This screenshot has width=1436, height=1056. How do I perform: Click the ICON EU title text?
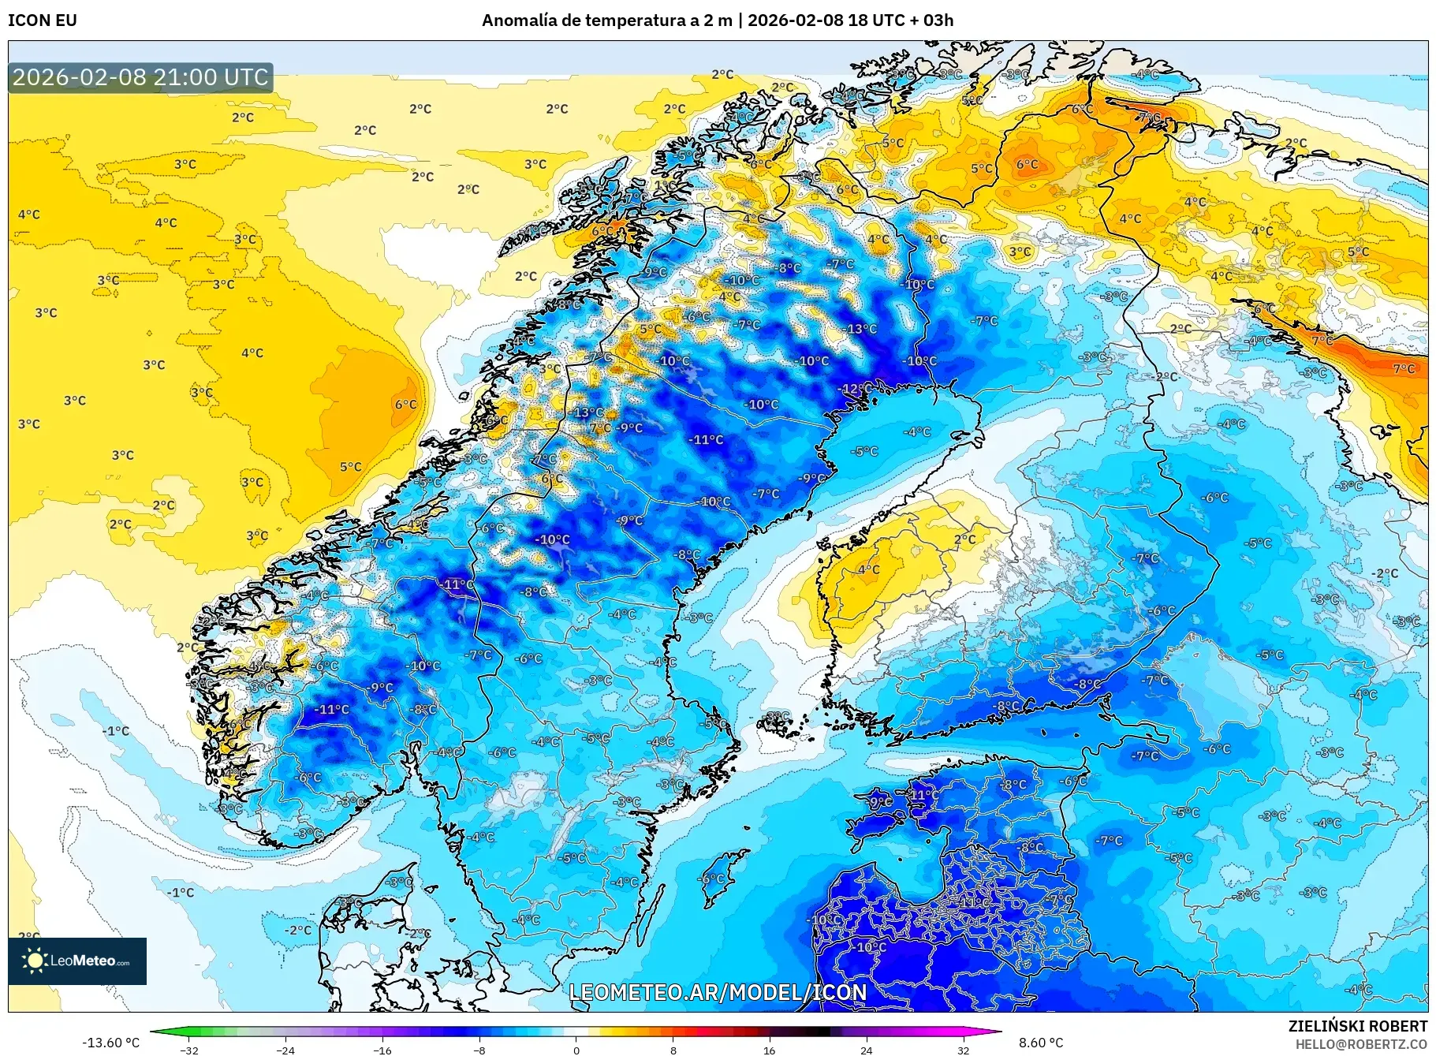pos(43,21)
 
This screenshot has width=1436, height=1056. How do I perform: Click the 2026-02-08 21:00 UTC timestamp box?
pos(140,77)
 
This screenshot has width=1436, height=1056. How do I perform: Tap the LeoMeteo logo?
pos(77,961)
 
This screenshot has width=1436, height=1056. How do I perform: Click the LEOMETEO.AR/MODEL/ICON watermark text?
pos(718,992)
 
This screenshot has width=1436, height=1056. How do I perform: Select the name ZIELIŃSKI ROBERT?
pos(1357,1026)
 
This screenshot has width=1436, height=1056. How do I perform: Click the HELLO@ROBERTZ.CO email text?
pos(1361,1044)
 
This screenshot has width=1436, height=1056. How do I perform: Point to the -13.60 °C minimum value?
pos(110,1043)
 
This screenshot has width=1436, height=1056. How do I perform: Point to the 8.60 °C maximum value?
pos(1041,1043)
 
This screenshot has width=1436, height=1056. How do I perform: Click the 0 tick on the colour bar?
pos(576,1050)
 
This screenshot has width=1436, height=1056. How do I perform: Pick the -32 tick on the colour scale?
pos(189,1050)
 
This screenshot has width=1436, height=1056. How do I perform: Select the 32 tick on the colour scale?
pos(963,1050)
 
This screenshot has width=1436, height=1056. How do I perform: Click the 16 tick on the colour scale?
pos(769,1050)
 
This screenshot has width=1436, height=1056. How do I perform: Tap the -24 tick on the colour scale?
pos(285,1050)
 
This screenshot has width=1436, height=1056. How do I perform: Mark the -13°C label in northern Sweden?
pos(860,329)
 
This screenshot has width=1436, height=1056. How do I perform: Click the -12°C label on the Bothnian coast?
pos(855,389)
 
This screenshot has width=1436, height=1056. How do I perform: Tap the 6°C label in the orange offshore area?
pos(405,405)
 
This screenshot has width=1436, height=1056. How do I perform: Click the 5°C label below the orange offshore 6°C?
pos(350,467)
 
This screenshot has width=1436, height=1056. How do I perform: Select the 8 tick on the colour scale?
pos(673,1050)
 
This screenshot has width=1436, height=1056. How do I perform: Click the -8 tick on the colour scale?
pos(479,1050)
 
